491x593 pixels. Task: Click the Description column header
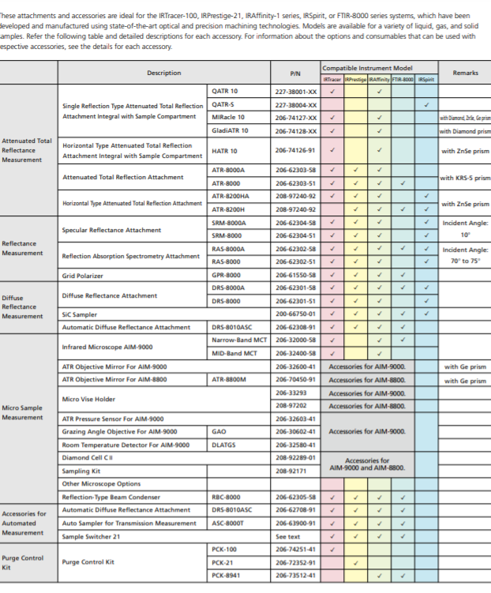(x=163, y=73)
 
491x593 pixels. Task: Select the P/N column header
(x=294, y=73)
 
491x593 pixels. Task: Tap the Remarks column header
(x=465, y=73)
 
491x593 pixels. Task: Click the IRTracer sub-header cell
(x=332, y=79)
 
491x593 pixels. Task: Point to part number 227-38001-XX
(x=295, y=92)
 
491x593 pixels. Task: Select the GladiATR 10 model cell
(x=230, y=130)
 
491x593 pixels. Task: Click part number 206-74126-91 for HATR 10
(x=295, y=150)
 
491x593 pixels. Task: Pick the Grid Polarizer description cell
(x=83, y=276)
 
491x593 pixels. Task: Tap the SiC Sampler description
(x=79, y=313)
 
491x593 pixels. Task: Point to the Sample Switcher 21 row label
(x=89, y=536)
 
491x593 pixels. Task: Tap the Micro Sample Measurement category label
(x=23, y=412)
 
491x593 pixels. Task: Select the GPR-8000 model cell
(x=227, y=276)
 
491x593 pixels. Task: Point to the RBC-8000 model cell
(x=227, y=497)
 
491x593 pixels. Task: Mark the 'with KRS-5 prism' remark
(x=466, y=178)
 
